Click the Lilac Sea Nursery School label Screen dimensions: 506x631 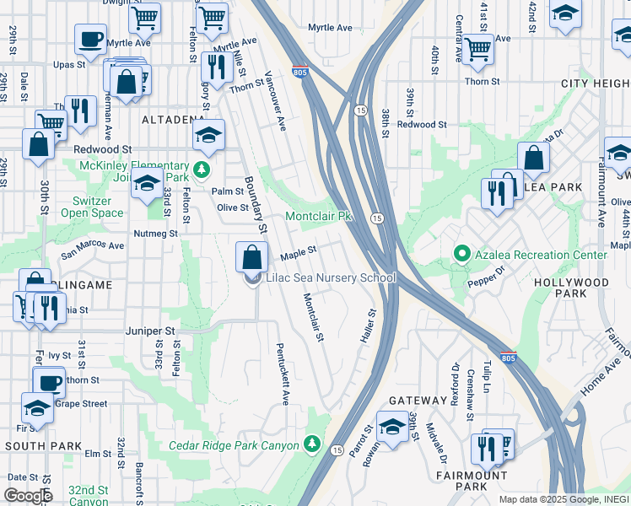point(331,277)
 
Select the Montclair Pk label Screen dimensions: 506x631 point(318,217)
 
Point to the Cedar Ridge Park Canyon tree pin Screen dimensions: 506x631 point(312,443)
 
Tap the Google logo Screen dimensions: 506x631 point(28,496)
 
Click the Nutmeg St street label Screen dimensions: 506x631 point(155,233)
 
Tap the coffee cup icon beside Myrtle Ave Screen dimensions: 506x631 point(90,40)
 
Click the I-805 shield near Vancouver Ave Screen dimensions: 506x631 point(299,73)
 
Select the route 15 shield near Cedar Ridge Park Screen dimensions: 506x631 point(337,449)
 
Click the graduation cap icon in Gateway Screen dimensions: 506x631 point(392,427)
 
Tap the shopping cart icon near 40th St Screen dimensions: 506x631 point(477,50)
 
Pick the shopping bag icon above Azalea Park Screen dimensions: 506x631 point(533,158)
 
